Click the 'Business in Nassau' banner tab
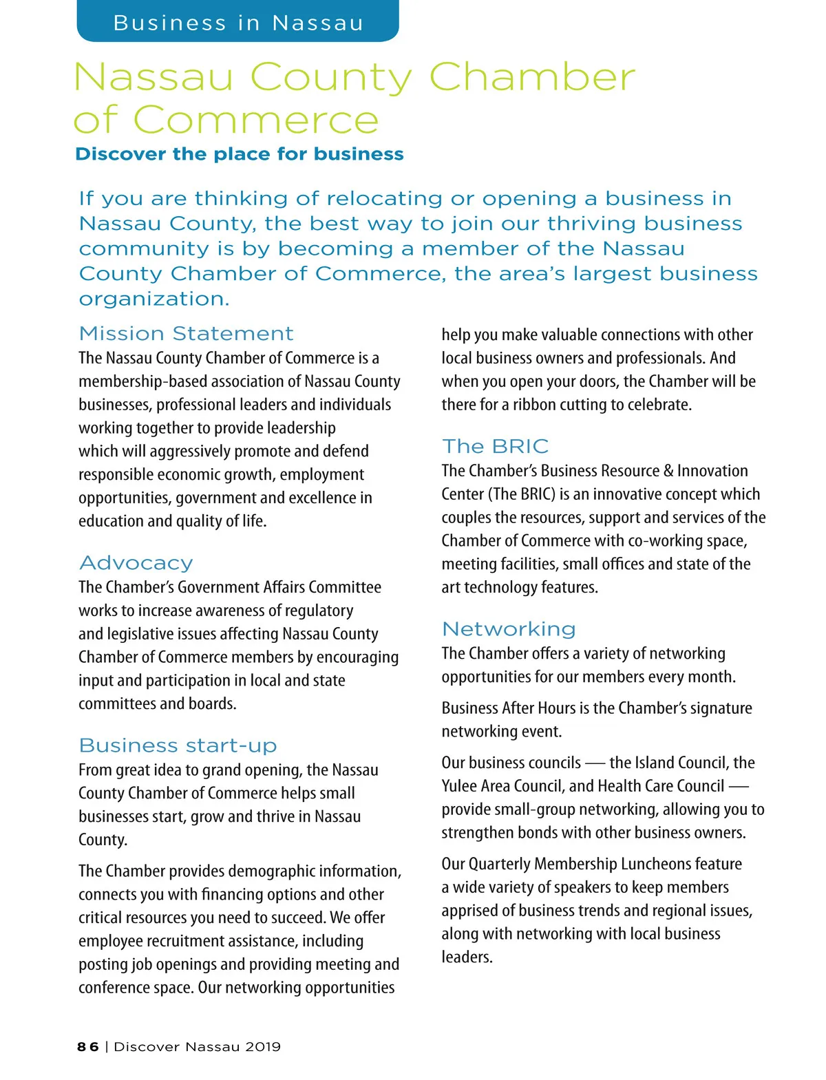(237, 22)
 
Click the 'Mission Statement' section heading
(186, 333)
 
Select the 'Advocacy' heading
(136, 562)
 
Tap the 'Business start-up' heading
(178, 745)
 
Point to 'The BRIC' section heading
(495, 446)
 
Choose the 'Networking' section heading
(509, 628)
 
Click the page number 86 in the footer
(87, 1046)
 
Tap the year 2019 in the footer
(263, 1046)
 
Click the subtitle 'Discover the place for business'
(239, 153)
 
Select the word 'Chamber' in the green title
(531, 77)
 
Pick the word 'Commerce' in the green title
(255, 120)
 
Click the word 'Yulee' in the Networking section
(460, 786)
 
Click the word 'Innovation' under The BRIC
(712, 471)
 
